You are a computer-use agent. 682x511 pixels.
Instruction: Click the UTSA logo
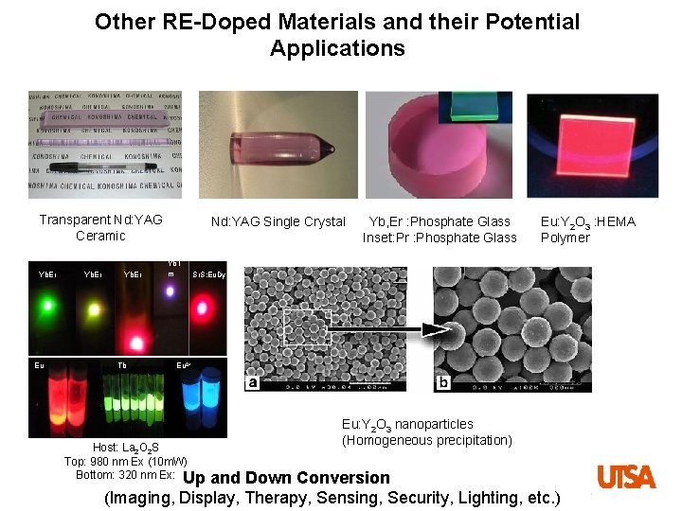pyautogui.click(x=626, y=476)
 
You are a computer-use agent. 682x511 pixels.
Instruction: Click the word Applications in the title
pyautogui.click(x=337, y=48)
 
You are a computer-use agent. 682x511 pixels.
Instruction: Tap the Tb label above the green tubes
pyautogui.click(x=122, y=365)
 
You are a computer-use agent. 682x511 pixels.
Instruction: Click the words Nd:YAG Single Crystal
pyautogui.click(x=278, y=221)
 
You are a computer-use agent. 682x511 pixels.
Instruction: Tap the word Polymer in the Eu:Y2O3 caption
pyautogui.click(x=565, y=238)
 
